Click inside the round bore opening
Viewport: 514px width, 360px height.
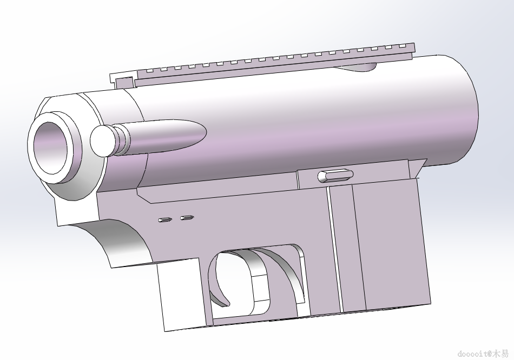[x=50, y=148]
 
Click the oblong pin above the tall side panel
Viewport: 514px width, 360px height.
[x=335, y=176]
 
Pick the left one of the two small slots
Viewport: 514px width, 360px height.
[x=165, y=220]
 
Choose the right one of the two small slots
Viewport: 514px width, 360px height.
[x=187, y=217]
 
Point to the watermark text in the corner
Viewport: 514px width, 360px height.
[x=483, y=354]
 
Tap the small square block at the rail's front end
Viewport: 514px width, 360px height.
[x=124, y=82]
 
